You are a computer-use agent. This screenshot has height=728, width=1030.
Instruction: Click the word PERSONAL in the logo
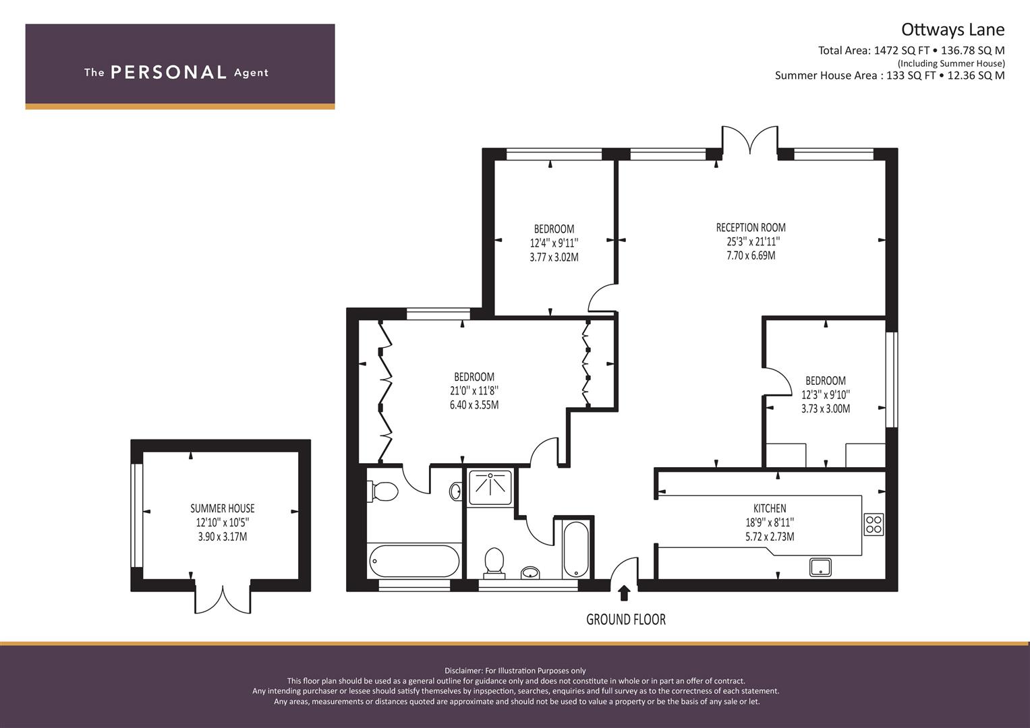(169, 72)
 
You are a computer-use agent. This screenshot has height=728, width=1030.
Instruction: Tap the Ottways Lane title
(952, 30)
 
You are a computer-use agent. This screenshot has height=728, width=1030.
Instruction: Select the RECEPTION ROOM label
(751, 228)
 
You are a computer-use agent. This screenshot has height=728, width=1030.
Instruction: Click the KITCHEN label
(770, 508)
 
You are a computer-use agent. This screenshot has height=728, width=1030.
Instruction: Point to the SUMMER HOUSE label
(223, 508)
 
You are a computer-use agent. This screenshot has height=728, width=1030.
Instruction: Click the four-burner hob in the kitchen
(874, 524)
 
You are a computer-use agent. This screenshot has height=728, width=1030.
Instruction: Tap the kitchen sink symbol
(820, 567)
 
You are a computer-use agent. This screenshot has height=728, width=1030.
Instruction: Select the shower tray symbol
(490, 487)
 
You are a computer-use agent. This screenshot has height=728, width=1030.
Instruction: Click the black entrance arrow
(623, 593)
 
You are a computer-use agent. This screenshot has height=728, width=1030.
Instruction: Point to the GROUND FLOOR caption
(626, 619)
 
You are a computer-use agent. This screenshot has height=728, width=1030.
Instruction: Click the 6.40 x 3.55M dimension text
(474, 405)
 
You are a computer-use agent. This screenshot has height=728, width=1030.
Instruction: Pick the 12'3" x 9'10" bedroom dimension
(826, 395)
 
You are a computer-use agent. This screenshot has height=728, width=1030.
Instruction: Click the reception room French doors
(750, 140)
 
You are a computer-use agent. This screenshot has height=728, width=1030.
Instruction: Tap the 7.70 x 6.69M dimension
(751, 255)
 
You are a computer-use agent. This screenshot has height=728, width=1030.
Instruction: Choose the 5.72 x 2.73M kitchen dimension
(770, 537)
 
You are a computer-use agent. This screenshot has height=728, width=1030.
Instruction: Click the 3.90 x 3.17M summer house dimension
(223, 537)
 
